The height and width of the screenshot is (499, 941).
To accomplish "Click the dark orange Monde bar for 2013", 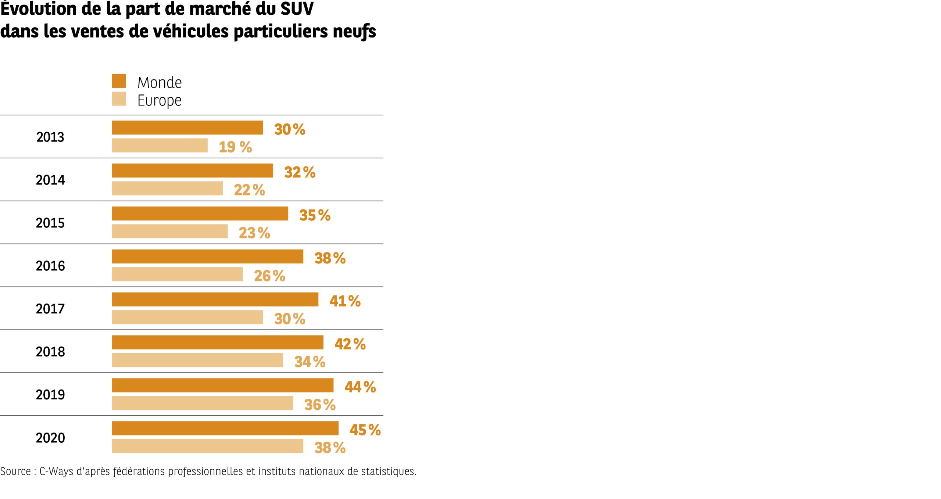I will pos(187,128).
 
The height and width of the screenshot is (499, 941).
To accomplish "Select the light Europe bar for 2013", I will pos(160,146).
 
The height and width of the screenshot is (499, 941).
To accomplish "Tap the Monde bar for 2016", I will pos(207,256).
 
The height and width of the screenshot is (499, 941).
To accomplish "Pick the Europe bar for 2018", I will pos(197,360).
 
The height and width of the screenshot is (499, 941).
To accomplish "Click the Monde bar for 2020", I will pos(225,428).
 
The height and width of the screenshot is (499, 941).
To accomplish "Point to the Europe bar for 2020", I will pos(207,446).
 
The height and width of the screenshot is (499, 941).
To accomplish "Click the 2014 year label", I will pos(50,180).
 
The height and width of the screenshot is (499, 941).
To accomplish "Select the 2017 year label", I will pos(50,309).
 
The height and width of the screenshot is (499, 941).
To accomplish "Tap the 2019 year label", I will pos(50,395).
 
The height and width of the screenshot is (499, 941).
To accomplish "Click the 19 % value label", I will pos(235,147).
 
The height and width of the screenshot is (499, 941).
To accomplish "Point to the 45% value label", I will pos(365,430).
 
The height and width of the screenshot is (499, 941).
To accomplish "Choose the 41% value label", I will pos(345,301).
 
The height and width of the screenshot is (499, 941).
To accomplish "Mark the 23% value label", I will pos(254,233).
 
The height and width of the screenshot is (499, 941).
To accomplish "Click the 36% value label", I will pos(320,405).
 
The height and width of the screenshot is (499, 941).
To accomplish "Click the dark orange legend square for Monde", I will pos(119,81).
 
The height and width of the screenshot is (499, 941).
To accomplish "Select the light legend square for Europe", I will pos(119,99).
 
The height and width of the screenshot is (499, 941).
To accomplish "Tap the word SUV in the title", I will pos(297,9).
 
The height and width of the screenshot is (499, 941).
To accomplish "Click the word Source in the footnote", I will pos(15,471).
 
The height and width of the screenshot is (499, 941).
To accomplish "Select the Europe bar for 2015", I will pos(170,231).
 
